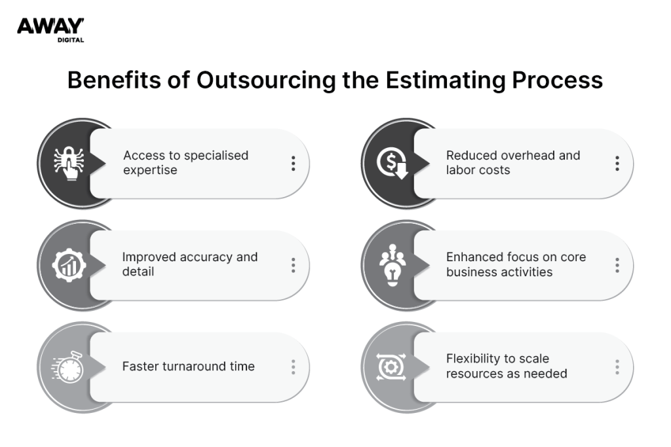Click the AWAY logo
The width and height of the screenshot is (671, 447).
pos(50,26)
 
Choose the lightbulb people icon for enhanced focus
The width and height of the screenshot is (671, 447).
pos(393,265)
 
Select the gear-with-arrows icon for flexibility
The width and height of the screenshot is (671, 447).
pos(393,367)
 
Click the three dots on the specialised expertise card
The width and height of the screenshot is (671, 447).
pos(293,163)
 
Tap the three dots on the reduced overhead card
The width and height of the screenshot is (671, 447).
pos(617,163)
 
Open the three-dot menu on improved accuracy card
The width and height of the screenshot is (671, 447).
pos(293,265)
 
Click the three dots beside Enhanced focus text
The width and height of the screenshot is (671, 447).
pos(617,265)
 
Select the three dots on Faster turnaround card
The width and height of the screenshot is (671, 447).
pos(293,367)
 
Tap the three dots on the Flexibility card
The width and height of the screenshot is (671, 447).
pos(617,367)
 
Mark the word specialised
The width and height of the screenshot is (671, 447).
pos(216,156)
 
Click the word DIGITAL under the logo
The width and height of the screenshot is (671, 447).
pos(70,40)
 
